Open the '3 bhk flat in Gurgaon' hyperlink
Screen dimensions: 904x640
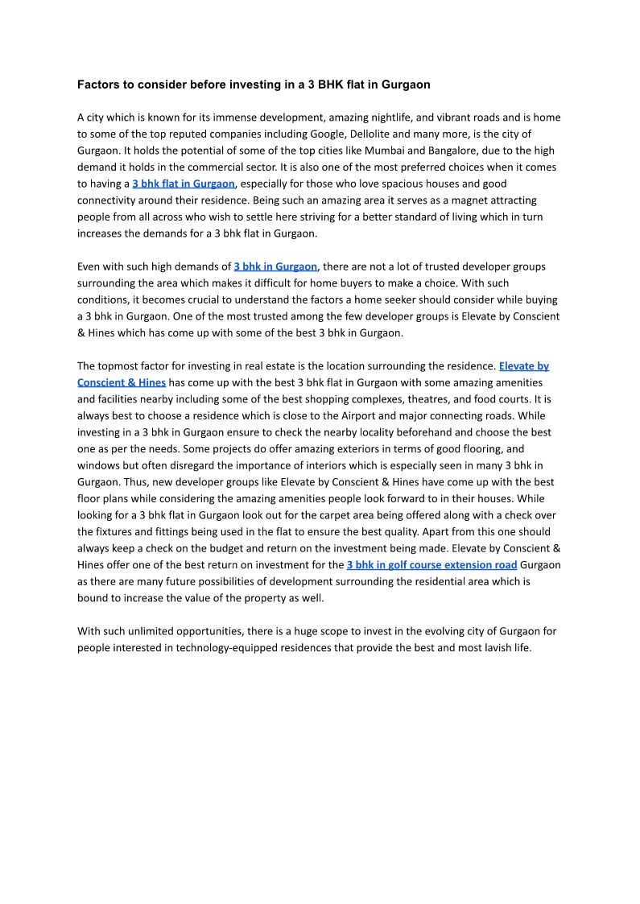coord(184,184)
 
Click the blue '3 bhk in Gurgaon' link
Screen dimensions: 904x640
coord(275,266)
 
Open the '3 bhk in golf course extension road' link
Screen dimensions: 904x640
coord(431,565)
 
